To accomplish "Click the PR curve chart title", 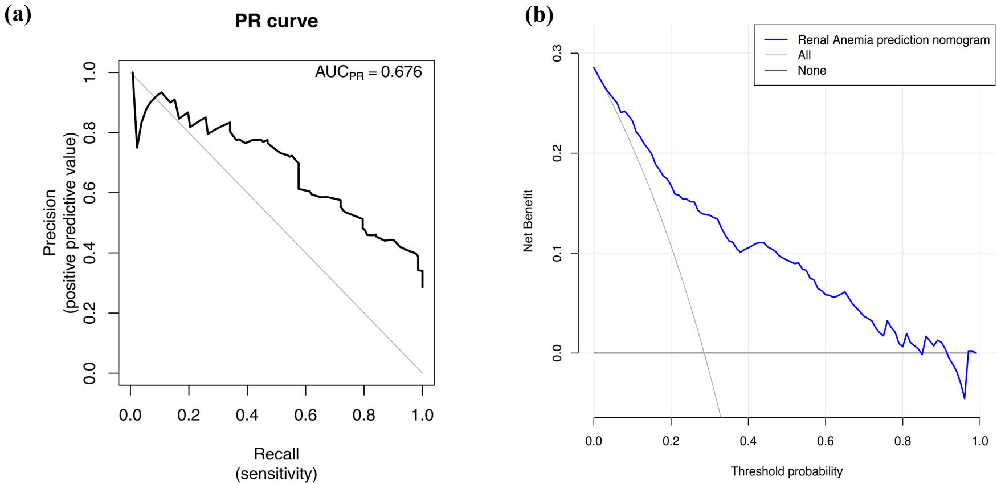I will point(276,21).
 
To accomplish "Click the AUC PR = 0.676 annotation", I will point(369,72).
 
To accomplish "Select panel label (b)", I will point(538,15).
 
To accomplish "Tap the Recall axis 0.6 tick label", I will point(305,415).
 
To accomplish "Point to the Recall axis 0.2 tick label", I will point(189,415).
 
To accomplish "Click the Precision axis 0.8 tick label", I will point(90,132).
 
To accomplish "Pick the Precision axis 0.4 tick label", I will point(90,253).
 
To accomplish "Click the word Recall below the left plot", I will point(276,454).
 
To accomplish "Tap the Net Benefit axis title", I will point(528,221).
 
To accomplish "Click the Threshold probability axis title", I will point(786,471).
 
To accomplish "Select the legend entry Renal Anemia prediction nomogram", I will point(893,40).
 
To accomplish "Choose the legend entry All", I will point(804,55).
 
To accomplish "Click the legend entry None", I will point(811,71).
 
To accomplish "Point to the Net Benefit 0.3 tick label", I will point(557,54).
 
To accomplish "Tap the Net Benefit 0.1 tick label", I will point(557,253).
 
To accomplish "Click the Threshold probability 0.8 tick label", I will point(902,441).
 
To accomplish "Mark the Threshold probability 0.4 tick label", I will point(748,441).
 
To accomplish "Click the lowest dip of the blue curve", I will point(965,398).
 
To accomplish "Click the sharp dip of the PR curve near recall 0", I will point(137,148).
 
